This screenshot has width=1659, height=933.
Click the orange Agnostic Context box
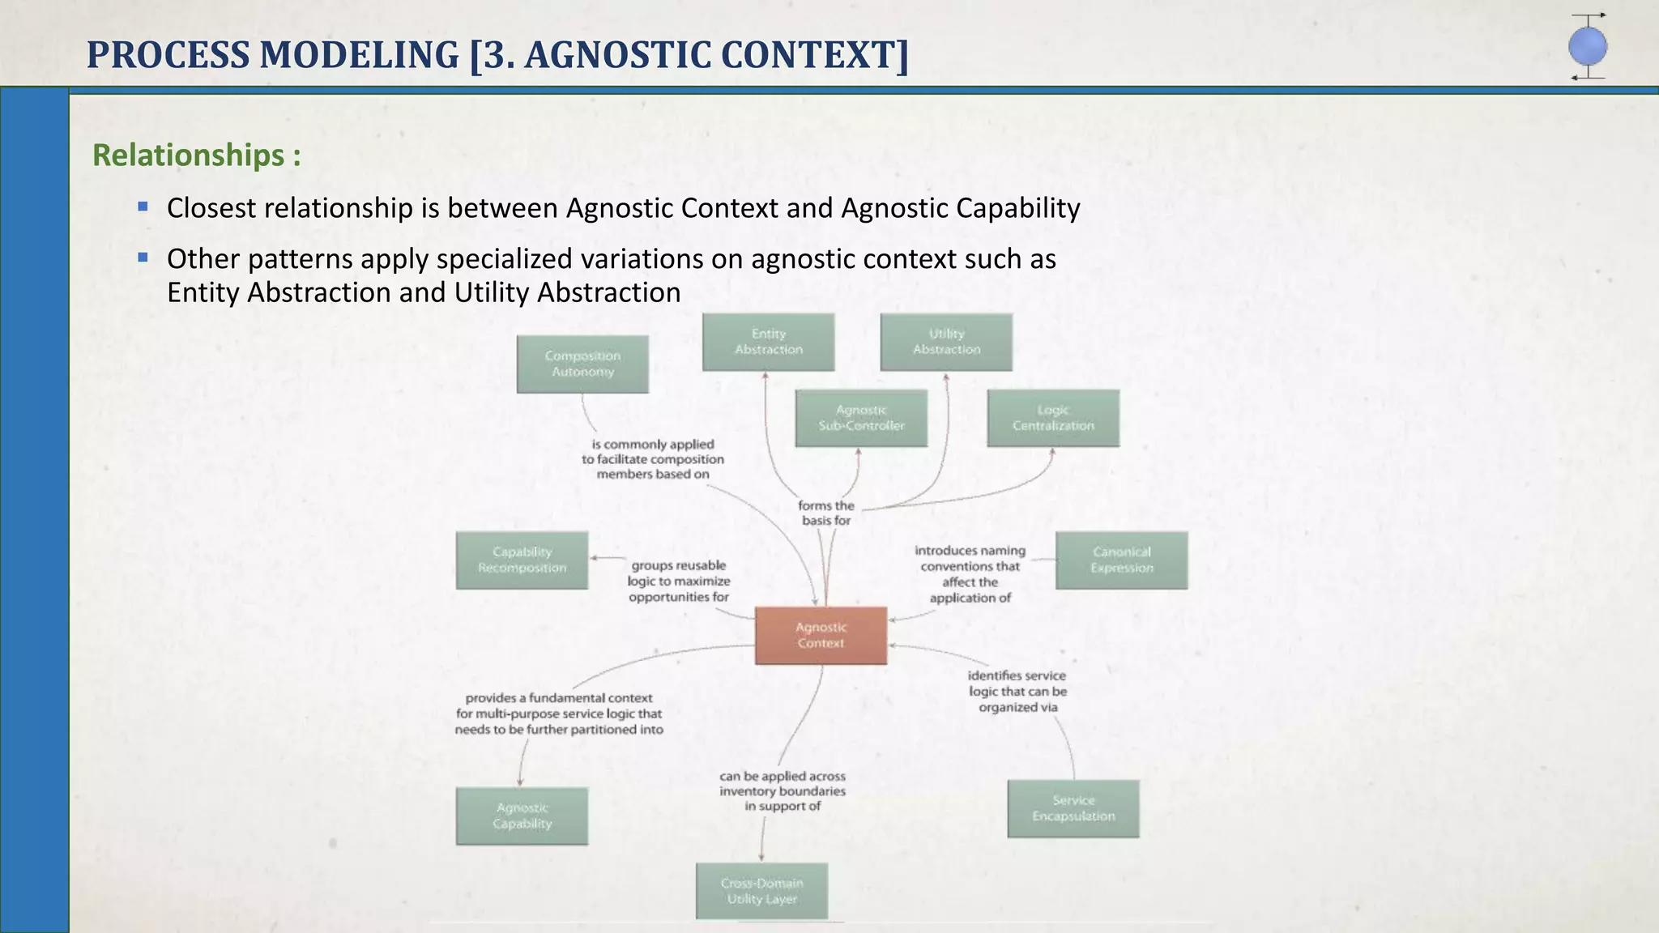point(821,636)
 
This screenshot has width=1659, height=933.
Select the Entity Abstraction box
point(768,342)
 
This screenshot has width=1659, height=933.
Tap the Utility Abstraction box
point(946,342)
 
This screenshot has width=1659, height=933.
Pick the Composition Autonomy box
point(582,364)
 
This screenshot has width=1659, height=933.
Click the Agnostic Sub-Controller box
point(861,418)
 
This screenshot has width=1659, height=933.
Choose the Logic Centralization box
point(1053,418)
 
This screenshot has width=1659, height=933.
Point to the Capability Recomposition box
point(522,560)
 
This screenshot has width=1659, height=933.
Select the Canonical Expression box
point(1121,560)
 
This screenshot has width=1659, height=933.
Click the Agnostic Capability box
point(522,816)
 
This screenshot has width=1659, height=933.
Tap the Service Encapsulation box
point(1073,808)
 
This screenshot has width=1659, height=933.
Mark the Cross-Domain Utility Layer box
point(761,891)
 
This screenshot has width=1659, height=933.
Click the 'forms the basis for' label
point(826,513)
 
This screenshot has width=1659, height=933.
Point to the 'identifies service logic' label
point(1017,691)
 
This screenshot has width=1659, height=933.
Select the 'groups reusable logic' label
point(679,581)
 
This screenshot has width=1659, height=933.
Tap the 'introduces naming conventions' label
point(970,574)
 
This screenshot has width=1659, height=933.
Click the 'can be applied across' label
point(783,790)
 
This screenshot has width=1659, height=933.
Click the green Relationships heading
point(197,155)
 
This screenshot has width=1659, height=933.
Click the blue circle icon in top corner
point(1587,47)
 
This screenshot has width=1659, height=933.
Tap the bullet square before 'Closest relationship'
point(143,207)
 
